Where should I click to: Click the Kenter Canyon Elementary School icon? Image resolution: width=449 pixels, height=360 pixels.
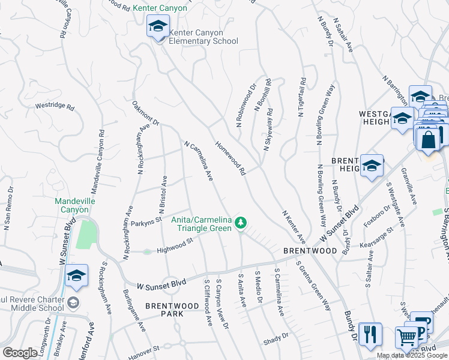158,26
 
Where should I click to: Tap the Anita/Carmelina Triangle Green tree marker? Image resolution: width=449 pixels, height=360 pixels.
241,223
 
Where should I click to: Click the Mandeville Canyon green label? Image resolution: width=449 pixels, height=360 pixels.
71,206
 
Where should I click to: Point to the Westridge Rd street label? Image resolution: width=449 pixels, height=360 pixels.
55,106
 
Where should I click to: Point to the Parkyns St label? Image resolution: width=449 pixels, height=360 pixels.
147,220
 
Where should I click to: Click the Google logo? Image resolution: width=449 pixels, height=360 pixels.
19,353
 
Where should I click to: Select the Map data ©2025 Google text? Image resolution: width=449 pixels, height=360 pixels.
411,355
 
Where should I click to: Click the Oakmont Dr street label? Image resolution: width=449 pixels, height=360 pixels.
146,113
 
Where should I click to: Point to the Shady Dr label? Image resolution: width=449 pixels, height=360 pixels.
276,338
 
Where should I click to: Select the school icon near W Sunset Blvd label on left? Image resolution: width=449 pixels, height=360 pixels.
76,275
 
